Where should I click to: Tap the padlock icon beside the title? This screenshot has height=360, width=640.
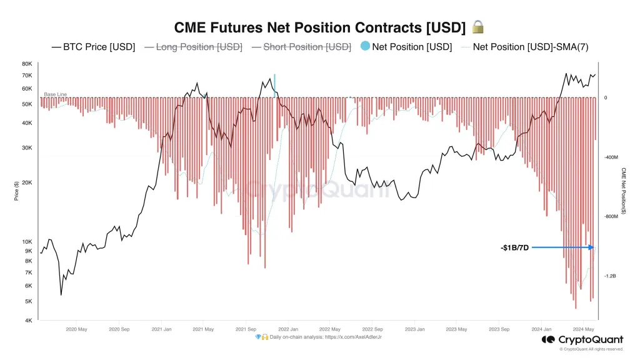478,27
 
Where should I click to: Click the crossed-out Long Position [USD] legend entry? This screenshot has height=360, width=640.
193,47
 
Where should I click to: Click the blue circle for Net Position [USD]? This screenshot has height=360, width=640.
365,47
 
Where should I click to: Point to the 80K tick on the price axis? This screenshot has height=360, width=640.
27,64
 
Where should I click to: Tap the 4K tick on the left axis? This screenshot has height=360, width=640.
28,321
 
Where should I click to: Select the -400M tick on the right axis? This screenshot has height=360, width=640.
612,157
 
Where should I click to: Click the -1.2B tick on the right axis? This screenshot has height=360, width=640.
611,276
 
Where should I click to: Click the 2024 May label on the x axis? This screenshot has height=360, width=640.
584,329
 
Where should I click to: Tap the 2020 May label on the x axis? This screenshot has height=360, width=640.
76,329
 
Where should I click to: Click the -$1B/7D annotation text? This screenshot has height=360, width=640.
515,247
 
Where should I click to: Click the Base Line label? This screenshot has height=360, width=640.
55,94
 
